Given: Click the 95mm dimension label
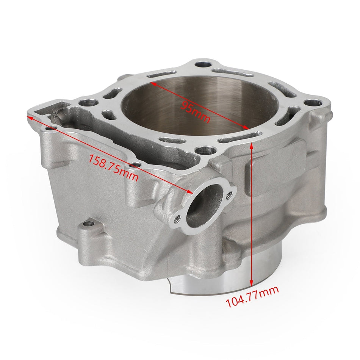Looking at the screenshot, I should coord(195,110).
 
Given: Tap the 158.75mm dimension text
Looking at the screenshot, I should coord(113,167).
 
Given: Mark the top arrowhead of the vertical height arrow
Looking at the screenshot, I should coord(251,144).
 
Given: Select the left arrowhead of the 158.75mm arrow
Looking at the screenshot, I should coord(29,118).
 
